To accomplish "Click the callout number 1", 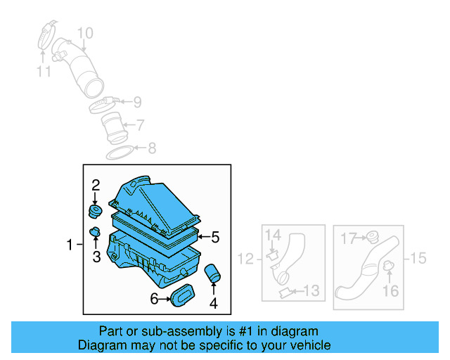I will (70, 245).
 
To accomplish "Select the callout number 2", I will (96, 186).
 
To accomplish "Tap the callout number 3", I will (96, 257).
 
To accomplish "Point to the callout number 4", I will (213, 304).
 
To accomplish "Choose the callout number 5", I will (215, 238).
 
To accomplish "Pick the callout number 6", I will (154, 299).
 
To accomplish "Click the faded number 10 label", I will (84, 33).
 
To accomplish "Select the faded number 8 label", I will (151, 148).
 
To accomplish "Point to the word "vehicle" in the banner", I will (310, 345).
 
